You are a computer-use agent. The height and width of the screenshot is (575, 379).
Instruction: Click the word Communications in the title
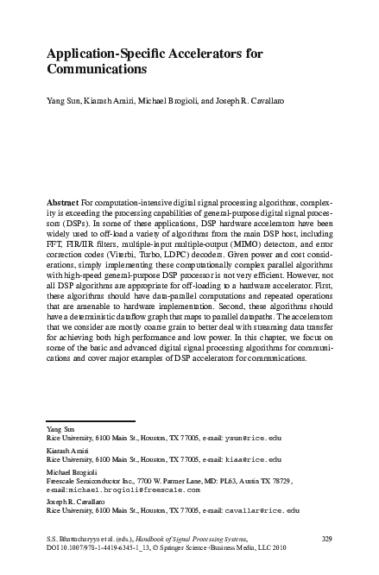point(96,69)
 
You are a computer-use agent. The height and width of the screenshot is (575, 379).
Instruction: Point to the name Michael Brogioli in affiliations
point(72,471)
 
